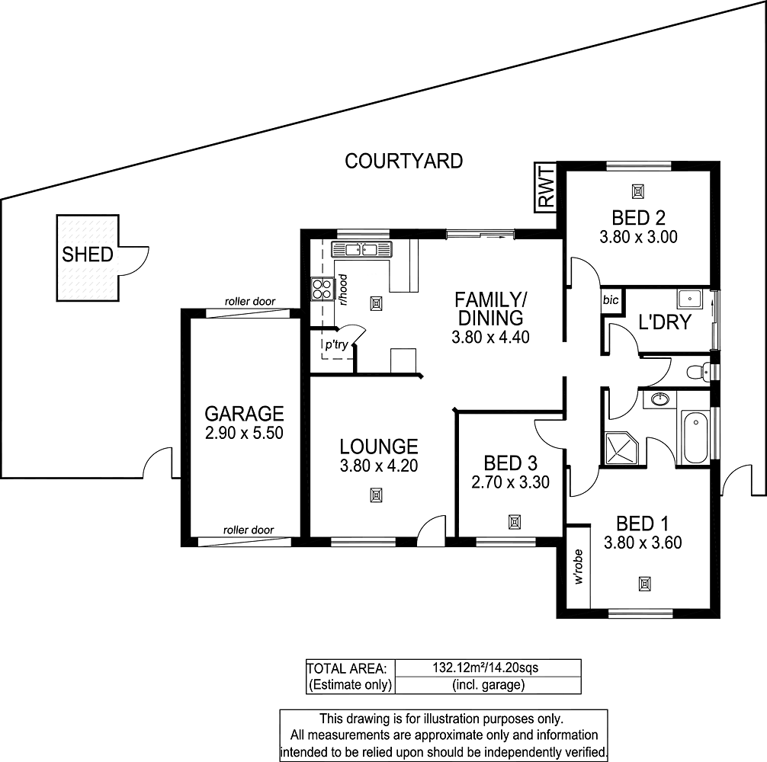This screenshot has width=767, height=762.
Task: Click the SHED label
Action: pyautogui.click(x=88, y=255)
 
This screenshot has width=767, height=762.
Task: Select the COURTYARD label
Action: pyautogui.click(x=403, y=162)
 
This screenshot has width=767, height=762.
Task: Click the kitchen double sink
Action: pyautogui.click(x=361, y=248)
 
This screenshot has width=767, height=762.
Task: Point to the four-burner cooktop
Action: pyautogui.click(x=322, y=288)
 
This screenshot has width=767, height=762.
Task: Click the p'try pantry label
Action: pyautogui.click(x=336, y=345)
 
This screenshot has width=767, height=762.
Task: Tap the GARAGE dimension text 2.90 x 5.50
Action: pyautogui.click(x=244, y=434)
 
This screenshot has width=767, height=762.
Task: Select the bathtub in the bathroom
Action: pyautogui.click(x=695, y=437)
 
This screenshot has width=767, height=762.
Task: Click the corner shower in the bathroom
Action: pyautogui.click(x=621, y=448)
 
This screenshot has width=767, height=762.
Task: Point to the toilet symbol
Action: pyautogui.click(x=698, y=372)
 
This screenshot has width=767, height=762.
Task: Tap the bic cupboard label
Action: pyautogui.click(x=611, y=300)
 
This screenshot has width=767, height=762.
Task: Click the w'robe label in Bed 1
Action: pyautogui.click(x=579, y=567)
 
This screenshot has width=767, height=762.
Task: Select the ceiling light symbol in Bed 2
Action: pyautogui.click(x=638, y=190)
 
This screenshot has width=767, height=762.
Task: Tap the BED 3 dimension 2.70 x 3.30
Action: pyautogui.click(x=510, y=482)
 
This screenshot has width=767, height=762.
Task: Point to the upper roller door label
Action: pyautogui.click(x=250, y=302)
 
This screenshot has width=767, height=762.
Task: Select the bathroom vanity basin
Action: pyautogui.click(x=661, y=399)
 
